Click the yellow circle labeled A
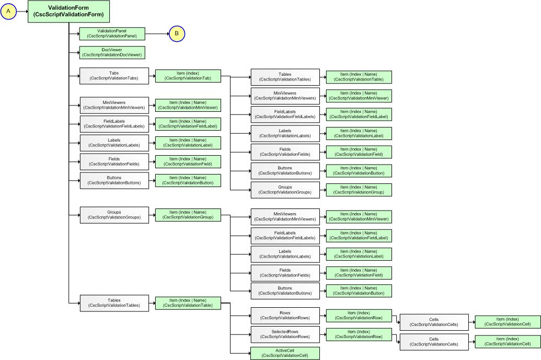9,11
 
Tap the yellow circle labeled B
177,34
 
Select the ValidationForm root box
68,11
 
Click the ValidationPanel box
112,34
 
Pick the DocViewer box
112,52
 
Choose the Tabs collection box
114,76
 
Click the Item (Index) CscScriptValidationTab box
188,76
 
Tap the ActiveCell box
284,353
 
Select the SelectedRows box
284,334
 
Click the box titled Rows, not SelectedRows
284,315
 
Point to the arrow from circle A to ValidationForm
22,11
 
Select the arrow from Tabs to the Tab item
152,76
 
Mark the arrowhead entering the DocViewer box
77,52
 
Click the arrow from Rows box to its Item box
323,315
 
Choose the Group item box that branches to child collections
188,214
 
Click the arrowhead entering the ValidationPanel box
77,34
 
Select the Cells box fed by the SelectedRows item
433,342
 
